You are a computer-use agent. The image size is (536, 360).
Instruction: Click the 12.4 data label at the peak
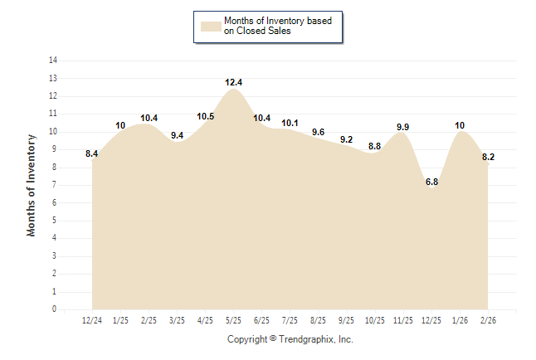coord(233,82)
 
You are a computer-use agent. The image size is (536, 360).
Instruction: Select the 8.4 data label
coord(92,153)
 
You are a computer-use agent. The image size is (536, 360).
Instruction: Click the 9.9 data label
coord(402,127)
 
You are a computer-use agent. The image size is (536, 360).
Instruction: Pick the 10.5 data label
coord(205,116)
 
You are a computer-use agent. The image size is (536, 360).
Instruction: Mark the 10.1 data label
coord(290,124)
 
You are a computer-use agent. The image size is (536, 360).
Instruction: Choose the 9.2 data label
coord(346,139)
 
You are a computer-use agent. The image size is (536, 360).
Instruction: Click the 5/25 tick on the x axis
coord(233,320)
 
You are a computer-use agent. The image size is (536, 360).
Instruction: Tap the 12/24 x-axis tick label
coord(92,320)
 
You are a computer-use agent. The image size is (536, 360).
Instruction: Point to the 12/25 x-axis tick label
coord(431,320)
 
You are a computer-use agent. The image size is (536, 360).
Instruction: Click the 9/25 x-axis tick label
coord(346,320)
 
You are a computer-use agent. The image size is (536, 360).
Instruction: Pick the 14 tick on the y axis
coord(53,61)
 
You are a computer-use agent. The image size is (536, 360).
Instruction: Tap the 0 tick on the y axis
coord(55,309)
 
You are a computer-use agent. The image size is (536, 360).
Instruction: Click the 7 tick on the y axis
coord(55,185)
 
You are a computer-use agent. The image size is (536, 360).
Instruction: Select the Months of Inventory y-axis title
coord(32,185)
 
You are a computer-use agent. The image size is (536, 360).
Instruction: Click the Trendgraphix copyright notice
coord(290,339)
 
